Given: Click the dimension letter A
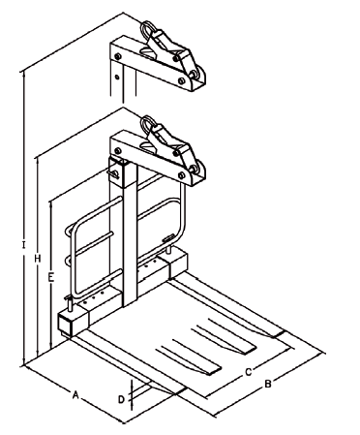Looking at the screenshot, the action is [x=75, y=394].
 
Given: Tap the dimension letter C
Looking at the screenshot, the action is [x=248, y=370].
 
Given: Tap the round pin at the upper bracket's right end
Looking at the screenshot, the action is [x=201, y=76].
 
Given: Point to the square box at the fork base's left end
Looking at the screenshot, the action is [x=70, y=323].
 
